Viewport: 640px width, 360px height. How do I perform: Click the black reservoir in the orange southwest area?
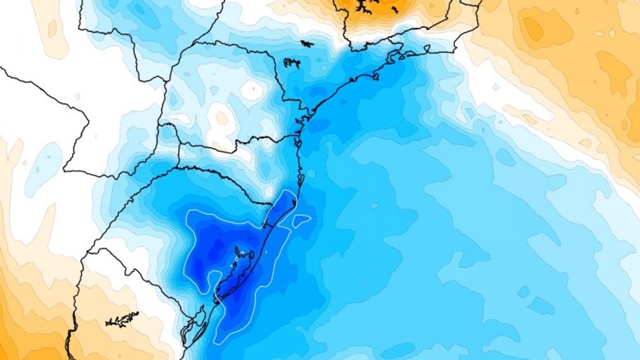click(x=122, y=319)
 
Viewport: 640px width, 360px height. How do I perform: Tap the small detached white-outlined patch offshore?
click(x=301, y=220)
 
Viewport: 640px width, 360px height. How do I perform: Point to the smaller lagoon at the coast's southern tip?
click(x=196, y=325)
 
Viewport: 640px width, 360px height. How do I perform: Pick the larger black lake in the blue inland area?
click(x=292, y=62)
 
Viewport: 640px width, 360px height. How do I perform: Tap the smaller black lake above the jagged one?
click(x=306, y=43)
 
